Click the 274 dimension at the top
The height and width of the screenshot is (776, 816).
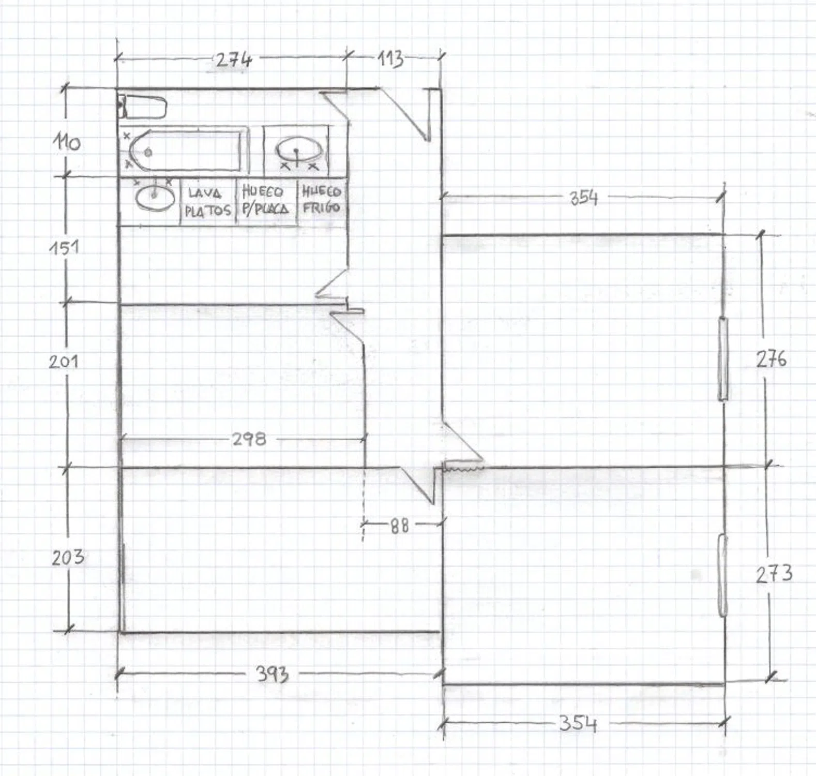point(233,60)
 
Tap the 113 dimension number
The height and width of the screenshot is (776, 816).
point(390,59)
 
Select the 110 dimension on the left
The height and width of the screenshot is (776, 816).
point(67,142)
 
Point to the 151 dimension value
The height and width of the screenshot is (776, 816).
point(65,248)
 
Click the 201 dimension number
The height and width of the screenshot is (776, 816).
point(64,361)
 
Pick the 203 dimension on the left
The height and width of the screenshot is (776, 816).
point(68,557)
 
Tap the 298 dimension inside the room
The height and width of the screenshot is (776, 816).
point(249,439)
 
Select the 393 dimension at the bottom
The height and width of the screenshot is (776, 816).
point(273,674)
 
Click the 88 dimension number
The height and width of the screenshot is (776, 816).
point(399,526)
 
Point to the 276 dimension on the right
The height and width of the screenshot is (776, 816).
point(771,359)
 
